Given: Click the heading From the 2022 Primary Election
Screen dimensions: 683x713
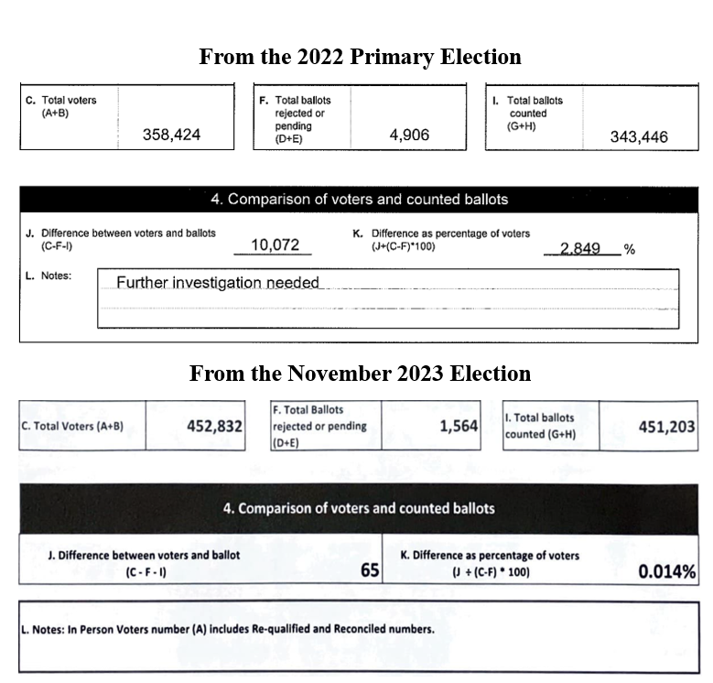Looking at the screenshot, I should tap(360, 57).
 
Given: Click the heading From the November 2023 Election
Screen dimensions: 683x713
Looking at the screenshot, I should tap(360, 374).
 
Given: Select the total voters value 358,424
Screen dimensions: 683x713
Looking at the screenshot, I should tap(171, 136).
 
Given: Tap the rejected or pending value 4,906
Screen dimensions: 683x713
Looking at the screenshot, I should tap(409, 136).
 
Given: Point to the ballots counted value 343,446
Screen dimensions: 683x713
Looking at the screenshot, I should tap(639, 137).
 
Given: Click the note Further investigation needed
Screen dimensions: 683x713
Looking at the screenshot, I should tap(218, 282).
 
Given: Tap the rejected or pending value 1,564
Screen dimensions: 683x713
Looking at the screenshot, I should tap(459, 426).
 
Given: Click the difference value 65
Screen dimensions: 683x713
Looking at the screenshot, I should tap(370, 569).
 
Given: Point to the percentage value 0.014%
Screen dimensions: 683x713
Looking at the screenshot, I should tap(667, 572).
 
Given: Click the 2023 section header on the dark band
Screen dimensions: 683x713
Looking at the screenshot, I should tap(359, 508).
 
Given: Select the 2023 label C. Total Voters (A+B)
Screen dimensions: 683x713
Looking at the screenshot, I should tap(72, 427).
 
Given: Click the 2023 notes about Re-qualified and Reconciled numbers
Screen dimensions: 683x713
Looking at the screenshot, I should tap(227, 630).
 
